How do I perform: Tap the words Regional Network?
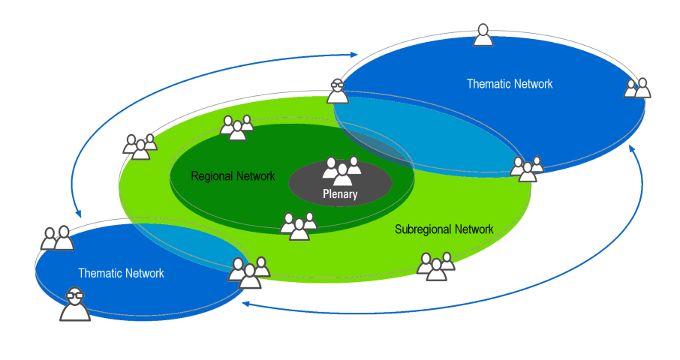point(233,177)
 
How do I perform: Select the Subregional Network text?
point(444,229)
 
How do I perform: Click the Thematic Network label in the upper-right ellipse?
point(510,84)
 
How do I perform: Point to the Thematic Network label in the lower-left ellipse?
point(121,274)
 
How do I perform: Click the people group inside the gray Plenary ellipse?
point(342,172)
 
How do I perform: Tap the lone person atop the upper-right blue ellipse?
point(483,34)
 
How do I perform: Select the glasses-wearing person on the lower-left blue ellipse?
point(75,304)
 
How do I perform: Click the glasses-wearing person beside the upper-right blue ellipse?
point(338,91)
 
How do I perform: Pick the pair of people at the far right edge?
point(638,88)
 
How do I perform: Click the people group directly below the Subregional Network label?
point(436,265)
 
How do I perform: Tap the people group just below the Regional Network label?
point(299,226)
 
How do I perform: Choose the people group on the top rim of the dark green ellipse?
point(236,128)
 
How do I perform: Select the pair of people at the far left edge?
point(58,238)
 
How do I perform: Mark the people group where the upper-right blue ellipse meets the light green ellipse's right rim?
point(527,169)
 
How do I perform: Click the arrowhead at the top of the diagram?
point(355,54)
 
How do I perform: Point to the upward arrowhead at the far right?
point(632,150)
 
